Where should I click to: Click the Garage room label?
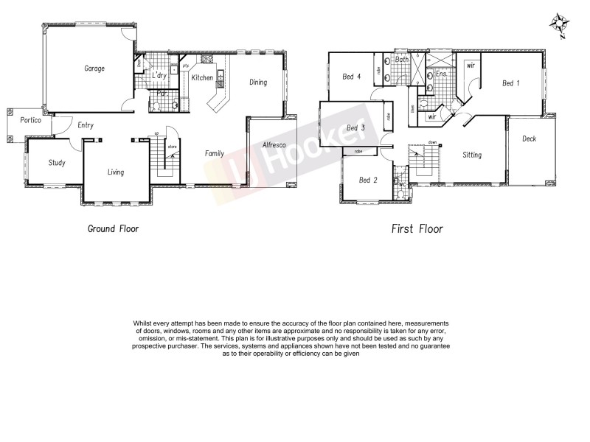pos(94,69)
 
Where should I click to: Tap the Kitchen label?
pos(202,77)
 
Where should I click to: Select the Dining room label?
pos(257,83)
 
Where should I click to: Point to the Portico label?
pos(30,120)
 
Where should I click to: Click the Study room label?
pos(58,163)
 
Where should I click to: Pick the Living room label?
pos(115,172)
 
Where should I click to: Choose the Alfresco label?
pos(274,146)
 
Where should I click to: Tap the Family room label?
pos(215,154)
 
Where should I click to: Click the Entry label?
pos(86,125)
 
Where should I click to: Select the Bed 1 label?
pos(510,83)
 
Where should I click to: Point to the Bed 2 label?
pos(368,180)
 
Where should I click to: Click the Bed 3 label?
pos(355,128)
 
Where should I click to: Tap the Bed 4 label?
pos(352,76)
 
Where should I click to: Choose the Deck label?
pos(529,138)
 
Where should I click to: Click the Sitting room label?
pos(472,155)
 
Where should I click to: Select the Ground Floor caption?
pos(113,229)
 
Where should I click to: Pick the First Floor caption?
pos(417,229)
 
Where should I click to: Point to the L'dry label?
pos(159,76)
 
